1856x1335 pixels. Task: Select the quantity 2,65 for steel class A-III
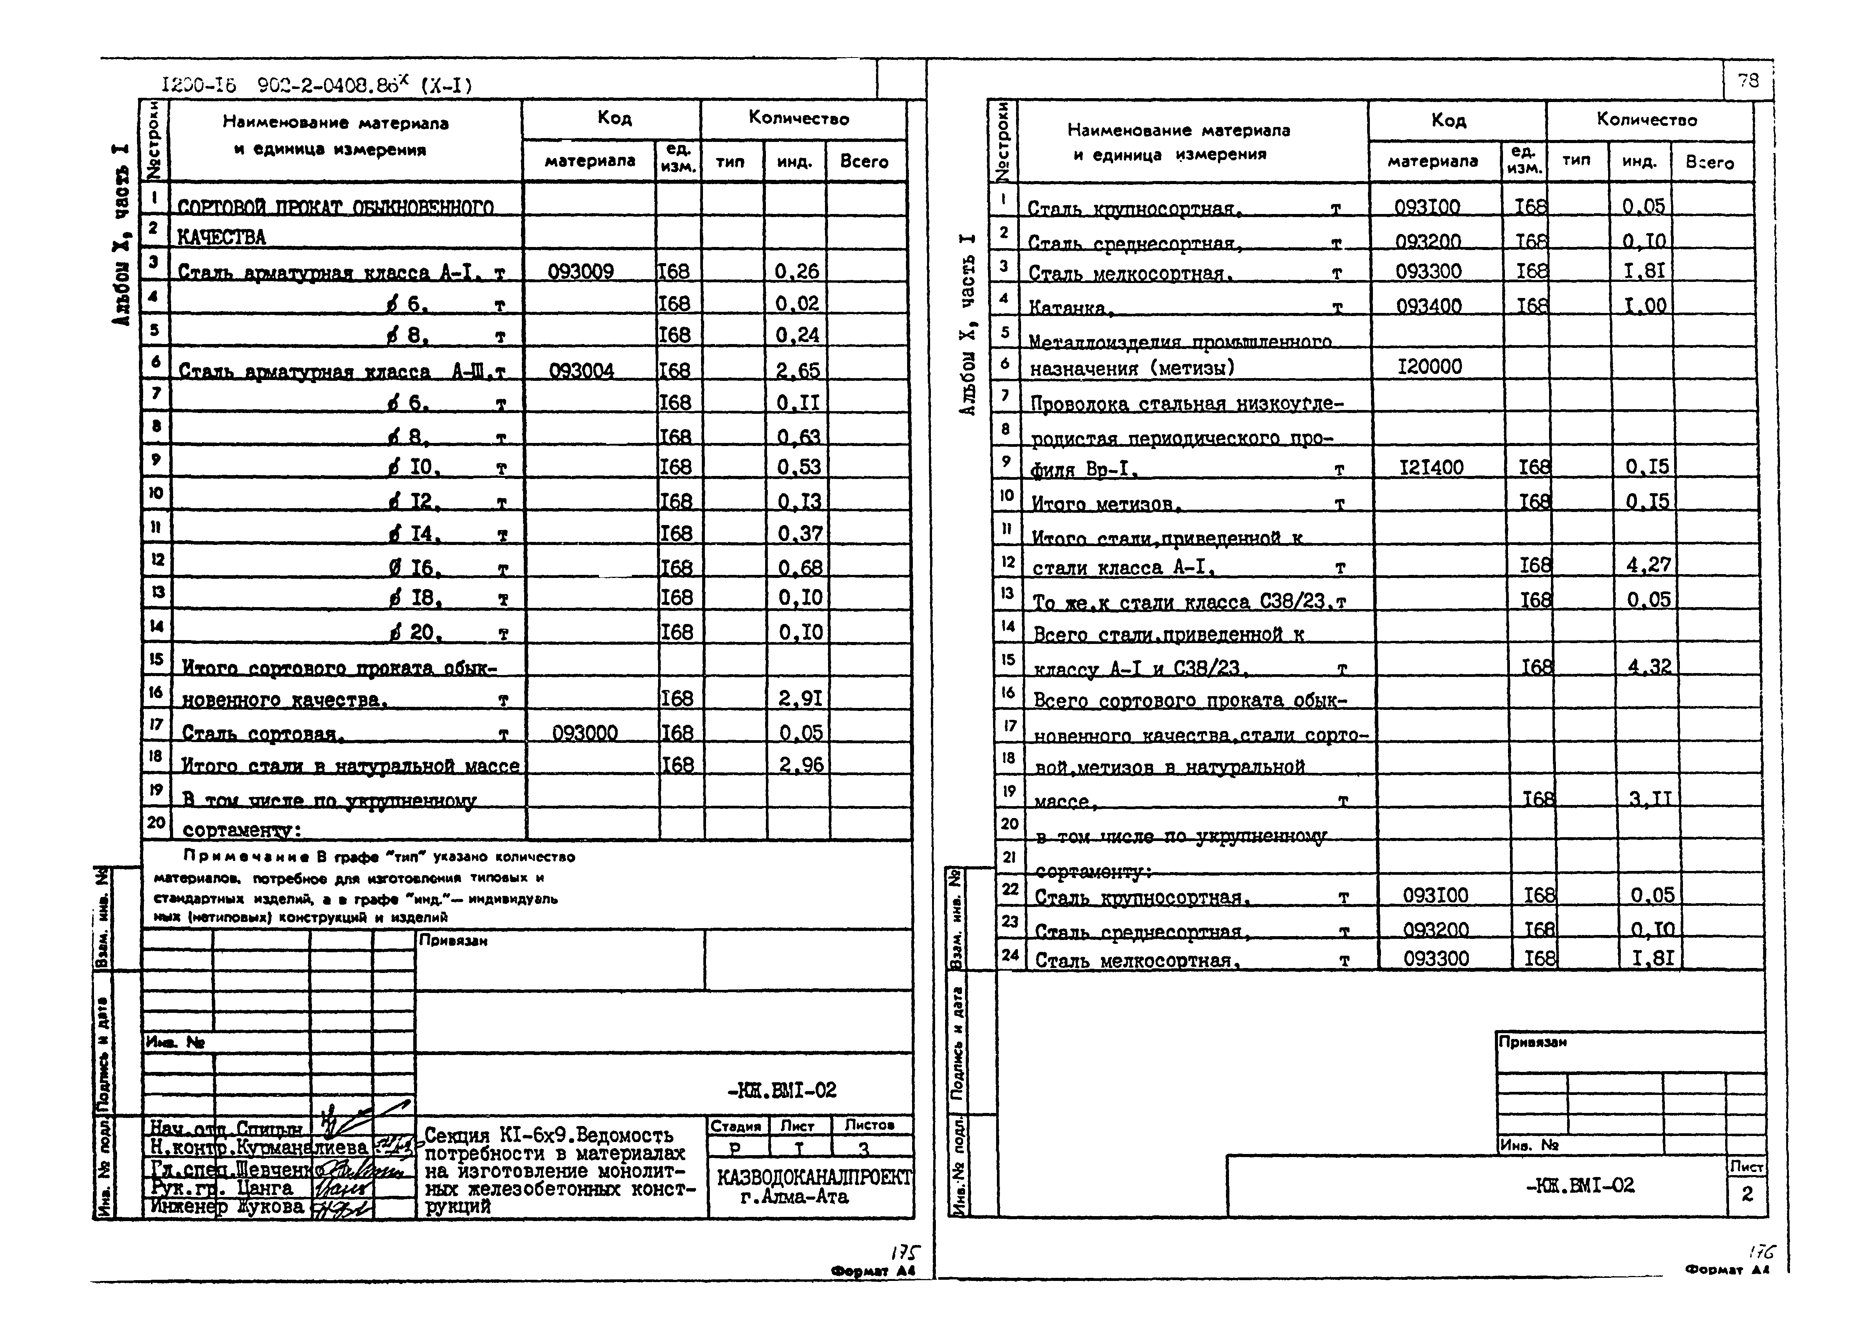tap(798, 370)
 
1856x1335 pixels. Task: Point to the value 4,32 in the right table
tap(1649, 667)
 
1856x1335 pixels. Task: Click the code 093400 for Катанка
tap(1428, 306)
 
